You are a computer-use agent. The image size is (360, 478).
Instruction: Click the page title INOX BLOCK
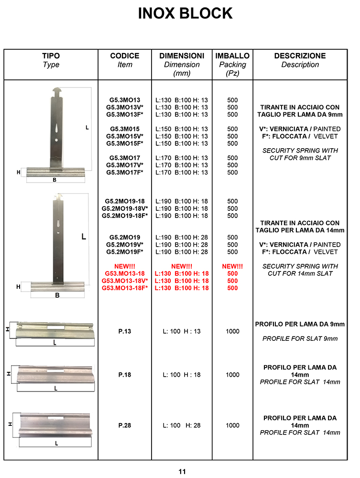(x=185, y=13)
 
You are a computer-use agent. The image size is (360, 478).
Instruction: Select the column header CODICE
(x=125, y=56)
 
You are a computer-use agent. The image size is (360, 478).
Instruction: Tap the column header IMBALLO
(x=232, y=56)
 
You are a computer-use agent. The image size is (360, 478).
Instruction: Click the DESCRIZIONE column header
(x=300, y=56)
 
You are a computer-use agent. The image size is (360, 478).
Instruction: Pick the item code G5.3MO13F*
(x=125, y=115)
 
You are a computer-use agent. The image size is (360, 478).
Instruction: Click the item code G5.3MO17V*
(x=125, y=165)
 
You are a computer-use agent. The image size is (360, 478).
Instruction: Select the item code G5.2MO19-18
(x=125, y=201)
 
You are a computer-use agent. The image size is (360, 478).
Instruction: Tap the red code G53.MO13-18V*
(x=125, y=281)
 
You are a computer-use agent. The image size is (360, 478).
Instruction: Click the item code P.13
(x=125, y=331)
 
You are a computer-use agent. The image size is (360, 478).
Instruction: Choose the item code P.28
(x=125, y=425)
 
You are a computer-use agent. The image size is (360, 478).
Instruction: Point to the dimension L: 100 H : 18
(x=182, y=375)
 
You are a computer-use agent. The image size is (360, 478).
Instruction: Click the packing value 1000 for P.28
(x=232, y=425)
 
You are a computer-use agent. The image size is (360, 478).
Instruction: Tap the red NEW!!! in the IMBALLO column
(x=232, y=266)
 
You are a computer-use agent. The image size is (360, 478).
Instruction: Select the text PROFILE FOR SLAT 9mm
(x=300, y=339)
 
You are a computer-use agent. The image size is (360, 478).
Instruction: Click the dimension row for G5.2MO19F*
(x=182, y=252)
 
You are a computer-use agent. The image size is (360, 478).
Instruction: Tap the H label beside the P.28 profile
(x=10, y=424)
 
